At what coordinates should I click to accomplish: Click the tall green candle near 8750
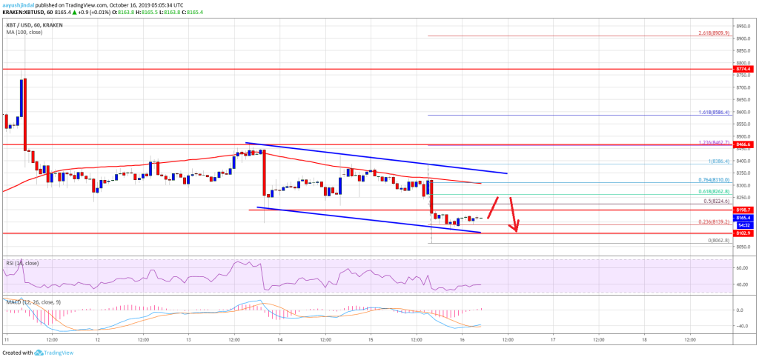click(x=22, y=97)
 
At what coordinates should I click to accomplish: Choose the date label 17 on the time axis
click(x=553, y=340)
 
